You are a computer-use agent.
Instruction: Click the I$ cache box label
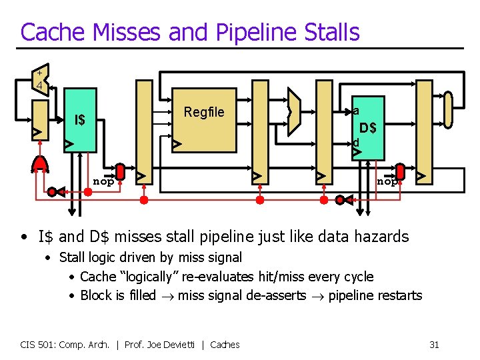pyautogui.click(x=80, y=120)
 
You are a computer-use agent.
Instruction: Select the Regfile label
pyautogui.click(x=204, y=112)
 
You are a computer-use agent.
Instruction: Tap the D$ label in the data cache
pyautogui.click(x=367, y=127)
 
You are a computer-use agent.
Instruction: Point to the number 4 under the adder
pyautogui.click(x=40, y=86)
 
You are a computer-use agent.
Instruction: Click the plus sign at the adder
pyautogui.click(x=39, y=72)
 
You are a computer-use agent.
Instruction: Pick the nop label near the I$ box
pyautogui.click(x=103, y=181)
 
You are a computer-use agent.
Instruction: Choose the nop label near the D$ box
pyautogui.click(x=386, y=181)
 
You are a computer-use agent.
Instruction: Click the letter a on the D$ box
pyautogui.click(x=357, y=111)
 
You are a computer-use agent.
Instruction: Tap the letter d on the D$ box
pyautogui.click(x=356, y=142)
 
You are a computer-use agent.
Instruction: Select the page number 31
pyautogui.click(x=434, y=345)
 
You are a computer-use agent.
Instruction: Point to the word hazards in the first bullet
pyautogui.click(x=381, y=236)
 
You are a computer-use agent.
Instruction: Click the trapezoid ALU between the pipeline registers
pyautogui.click(x=292, y=112)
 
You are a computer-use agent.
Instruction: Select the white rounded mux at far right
pyautogui.click(x=448, y=109)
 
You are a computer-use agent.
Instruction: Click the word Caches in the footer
pyautogui.click(x=225, y=345)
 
